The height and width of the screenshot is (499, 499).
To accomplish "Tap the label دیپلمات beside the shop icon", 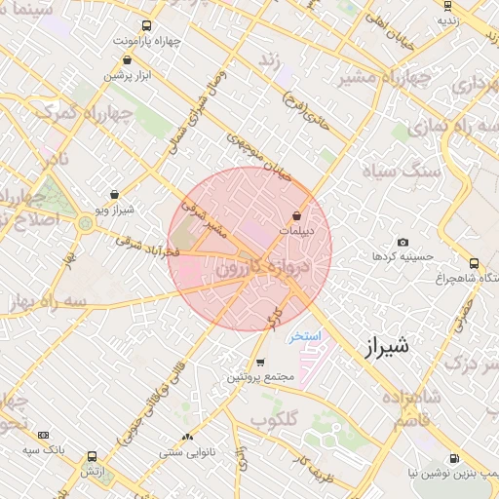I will (x=297, y=230).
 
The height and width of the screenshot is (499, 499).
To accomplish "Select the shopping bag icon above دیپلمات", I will (x=296, y=215).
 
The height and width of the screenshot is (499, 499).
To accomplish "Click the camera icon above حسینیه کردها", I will (x=403, y=242).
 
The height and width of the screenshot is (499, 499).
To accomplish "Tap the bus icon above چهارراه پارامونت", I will (x=146, y=26).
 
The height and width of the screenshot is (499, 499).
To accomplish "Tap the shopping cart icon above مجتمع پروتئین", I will (x=259, y=363).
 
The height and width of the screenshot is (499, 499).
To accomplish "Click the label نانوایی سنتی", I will (x=185, y=452).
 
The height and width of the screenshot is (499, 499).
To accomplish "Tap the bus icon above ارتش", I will (x=92, y=455).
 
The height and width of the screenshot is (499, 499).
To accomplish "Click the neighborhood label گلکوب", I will (x=272, y=420).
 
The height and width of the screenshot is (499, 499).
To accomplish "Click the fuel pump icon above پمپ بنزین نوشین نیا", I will (x=453, y=458).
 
